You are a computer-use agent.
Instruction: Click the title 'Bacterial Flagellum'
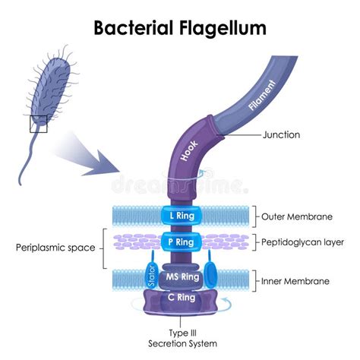[179, 28]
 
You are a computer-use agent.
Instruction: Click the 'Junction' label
[281, 135]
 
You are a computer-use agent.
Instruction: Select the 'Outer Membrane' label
[297, 216]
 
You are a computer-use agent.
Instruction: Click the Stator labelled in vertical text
[150, 275]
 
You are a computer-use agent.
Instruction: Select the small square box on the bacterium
[39, 124]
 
